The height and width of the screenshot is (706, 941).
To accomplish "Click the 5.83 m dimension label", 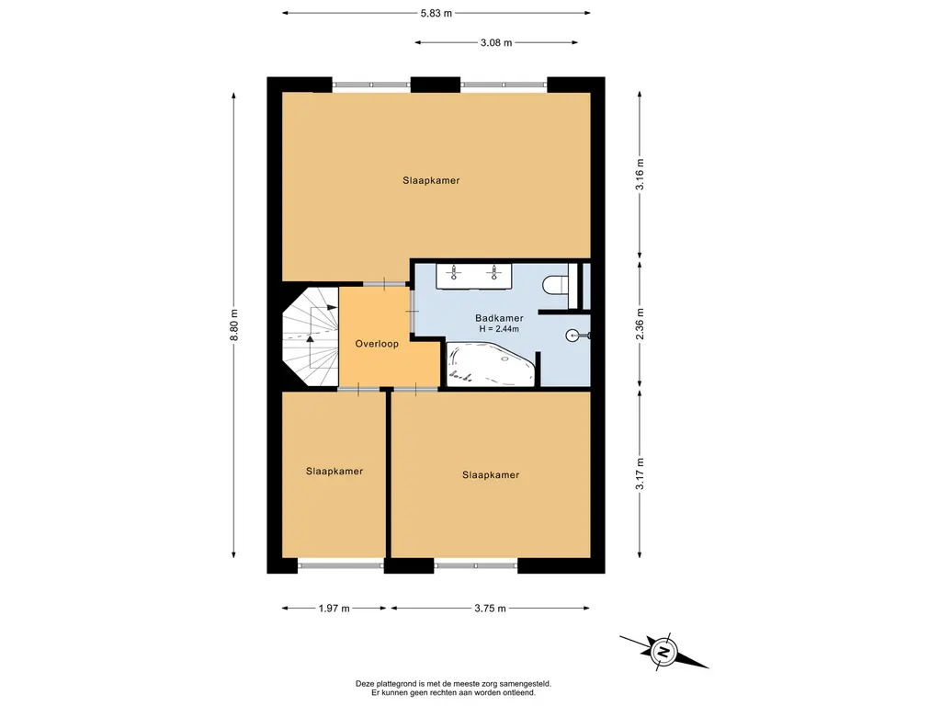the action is tap(436, 13).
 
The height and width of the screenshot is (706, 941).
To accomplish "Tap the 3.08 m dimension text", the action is tap(496, 42).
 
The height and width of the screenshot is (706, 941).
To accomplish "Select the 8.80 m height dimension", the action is tap(234, 325).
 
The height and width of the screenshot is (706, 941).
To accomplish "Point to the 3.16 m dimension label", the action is tap(640, 175).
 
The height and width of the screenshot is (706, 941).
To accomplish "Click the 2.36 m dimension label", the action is tap(640, 325).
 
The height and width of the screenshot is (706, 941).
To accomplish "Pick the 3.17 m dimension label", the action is tap(640, 473).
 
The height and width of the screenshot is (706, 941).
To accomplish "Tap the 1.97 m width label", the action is tap(334, 609).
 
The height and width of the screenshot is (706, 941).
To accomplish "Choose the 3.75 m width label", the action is tap(491, 609).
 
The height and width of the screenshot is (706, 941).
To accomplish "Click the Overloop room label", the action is tap(377, 344).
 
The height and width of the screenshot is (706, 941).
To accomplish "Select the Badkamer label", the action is tap(499, 318).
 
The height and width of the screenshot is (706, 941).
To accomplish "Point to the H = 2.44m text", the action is tap(499, 329).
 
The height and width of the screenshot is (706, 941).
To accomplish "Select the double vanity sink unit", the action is tap(474, 276).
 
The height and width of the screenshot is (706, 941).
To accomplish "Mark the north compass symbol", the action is tap(663, 652).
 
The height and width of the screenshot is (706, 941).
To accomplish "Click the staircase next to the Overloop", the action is tap(311, 336).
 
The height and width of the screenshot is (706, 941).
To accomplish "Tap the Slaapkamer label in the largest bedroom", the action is tap(431, 180).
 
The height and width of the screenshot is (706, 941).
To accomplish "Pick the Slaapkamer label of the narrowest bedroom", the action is tap(334, 472).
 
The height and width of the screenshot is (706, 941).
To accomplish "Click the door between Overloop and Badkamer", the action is tap(413, 311).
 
